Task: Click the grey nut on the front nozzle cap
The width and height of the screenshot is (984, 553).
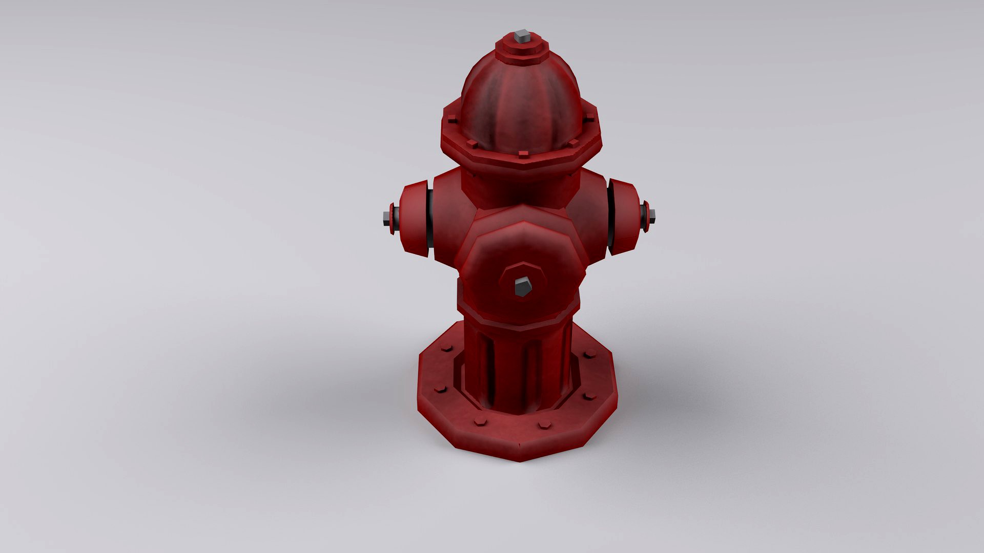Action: point(522,287)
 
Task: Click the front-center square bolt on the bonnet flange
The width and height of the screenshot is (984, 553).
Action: point(523,153)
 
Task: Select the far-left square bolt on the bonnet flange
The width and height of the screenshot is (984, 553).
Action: point(451,121)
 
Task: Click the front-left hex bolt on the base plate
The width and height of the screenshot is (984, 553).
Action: point(480,422)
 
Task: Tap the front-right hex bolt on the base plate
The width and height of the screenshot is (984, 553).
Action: point(544,424)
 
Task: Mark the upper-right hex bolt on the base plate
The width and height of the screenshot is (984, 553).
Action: point(590,353)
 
